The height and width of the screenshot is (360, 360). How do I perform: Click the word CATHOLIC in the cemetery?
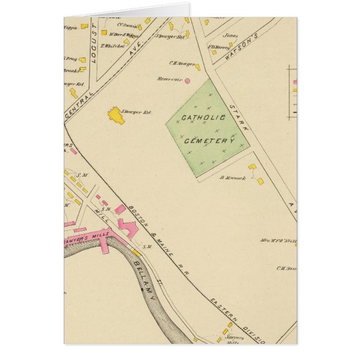[203, 119]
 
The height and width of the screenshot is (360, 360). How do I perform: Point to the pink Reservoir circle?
[187, 81]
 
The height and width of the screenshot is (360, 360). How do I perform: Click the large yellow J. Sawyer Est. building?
[116, 115]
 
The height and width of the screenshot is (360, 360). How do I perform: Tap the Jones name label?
[230, 35]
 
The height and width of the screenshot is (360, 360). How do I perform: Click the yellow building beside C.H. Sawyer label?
[198, 67]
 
